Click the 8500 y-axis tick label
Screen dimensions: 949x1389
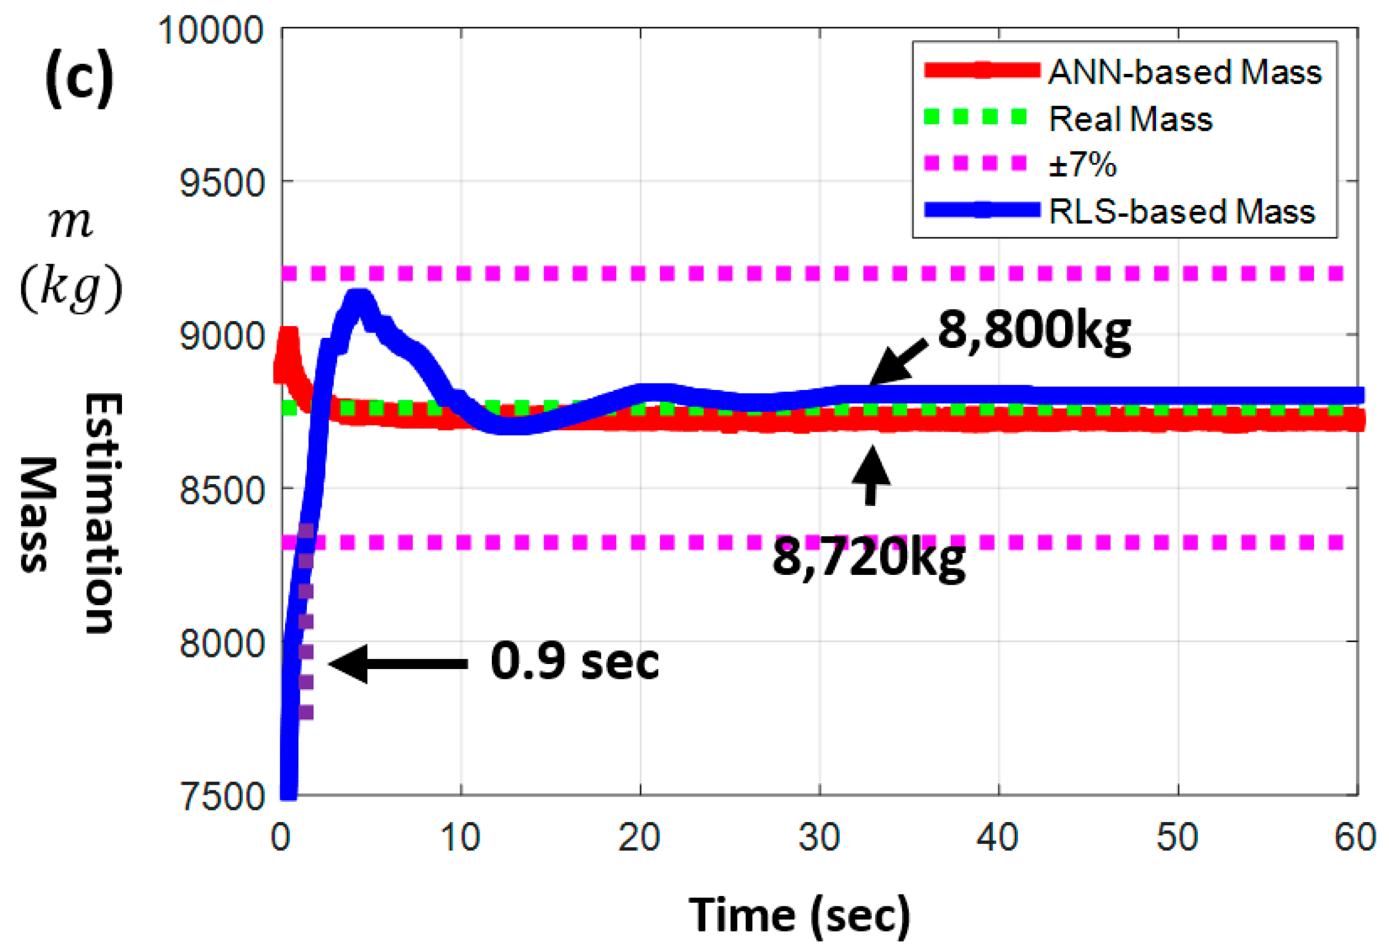221,490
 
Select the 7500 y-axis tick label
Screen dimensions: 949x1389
221,797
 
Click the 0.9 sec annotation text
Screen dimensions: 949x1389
574,662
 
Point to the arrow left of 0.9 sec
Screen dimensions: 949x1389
398,664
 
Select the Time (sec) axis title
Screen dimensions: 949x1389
799,915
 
